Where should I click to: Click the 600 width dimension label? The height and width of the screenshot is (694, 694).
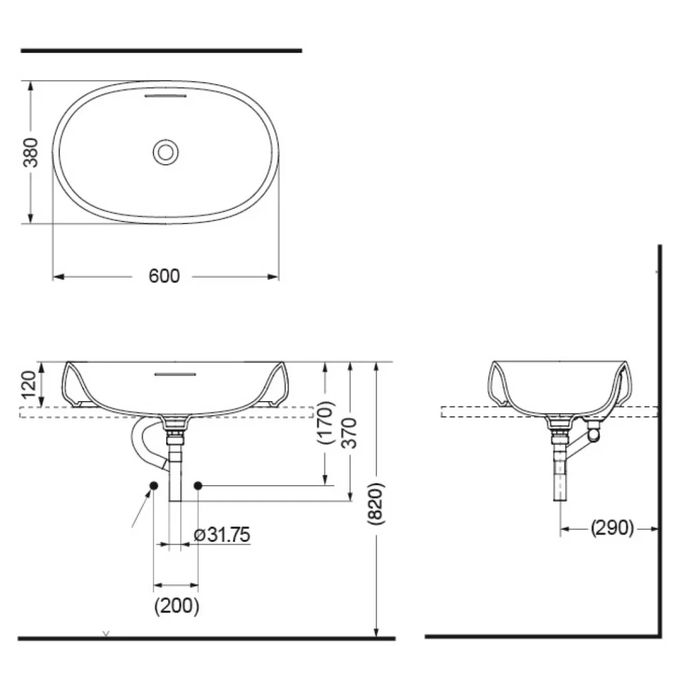coord(164,276)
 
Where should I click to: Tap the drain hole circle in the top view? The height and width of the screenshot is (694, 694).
coord(165,152)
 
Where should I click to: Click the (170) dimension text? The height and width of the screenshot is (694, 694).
coord(325,422)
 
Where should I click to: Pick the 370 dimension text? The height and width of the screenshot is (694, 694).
coord(350,432)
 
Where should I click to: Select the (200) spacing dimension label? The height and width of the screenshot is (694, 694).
coord(176,606)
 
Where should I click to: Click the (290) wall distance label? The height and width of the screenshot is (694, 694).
coord(612,528)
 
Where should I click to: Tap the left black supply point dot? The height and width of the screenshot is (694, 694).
coord(153,486)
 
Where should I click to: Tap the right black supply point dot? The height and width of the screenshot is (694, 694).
coord(198,486)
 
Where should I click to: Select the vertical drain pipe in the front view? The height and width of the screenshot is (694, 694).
coord(176,470)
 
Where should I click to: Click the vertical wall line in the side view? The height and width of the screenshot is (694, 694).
coord(659,440)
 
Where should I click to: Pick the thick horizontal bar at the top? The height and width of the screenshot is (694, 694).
coord(161,50)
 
